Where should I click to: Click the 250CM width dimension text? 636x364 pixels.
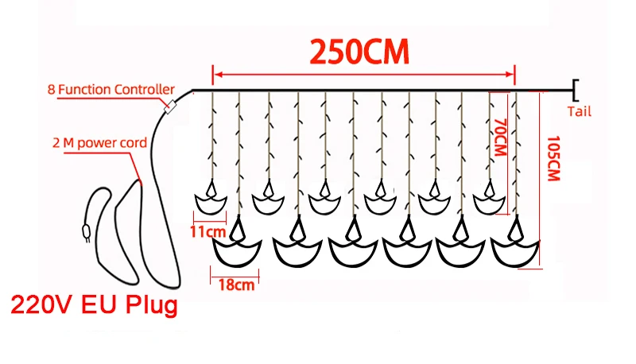[x=359, y=52]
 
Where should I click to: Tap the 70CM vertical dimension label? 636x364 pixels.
[x=500, y=138]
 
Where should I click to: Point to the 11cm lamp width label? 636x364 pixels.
[x=208, y=231]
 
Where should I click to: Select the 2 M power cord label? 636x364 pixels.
[x=99, y=143]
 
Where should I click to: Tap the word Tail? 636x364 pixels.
[x=580, y=112]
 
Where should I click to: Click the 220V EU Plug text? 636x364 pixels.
[x=91, y=305]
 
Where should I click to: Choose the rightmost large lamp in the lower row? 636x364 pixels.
[x=515, y=247]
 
